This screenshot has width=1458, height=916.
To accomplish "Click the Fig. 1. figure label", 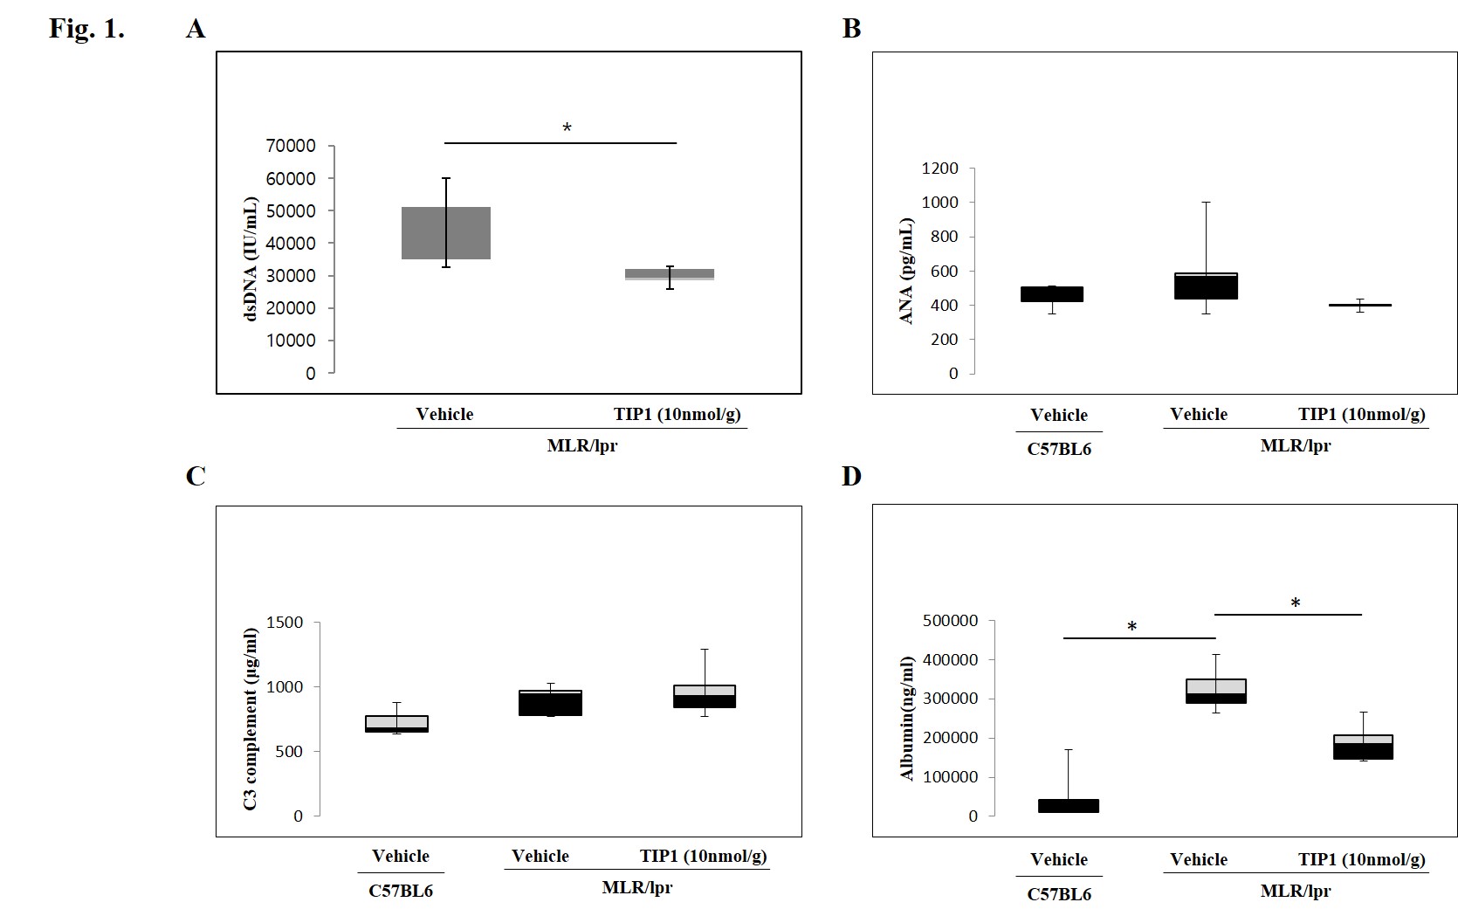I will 86,28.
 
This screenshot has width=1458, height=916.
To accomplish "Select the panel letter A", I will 196,29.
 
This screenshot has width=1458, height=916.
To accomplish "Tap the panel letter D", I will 851,476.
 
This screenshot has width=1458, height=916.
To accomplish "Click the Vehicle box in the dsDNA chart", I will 445,233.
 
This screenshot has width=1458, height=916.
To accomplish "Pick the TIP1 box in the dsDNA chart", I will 670,274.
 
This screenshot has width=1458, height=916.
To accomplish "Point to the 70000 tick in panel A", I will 291,146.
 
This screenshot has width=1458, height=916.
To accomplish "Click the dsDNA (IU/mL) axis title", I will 251,259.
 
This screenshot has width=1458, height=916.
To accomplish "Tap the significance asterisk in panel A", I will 567,128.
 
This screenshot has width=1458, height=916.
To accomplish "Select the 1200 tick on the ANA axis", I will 939,169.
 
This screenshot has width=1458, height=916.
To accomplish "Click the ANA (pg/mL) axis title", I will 906,271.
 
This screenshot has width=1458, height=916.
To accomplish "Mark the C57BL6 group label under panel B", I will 1059,449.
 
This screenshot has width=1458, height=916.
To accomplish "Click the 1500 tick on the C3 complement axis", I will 286,623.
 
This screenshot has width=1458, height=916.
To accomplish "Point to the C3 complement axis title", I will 251,719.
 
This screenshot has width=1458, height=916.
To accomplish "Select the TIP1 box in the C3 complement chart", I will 704,696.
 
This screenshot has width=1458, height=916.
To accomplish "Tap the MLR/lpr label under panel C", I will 637,887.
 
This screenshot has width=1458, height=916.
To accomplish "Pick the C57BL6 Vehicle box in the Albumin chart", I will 1069,806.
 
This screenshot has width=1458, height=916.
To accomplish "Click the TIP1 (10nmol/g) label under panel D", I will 1361,859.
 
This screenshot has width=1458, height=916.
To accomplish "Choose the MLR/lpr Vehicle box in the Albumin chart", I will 1215,691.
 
